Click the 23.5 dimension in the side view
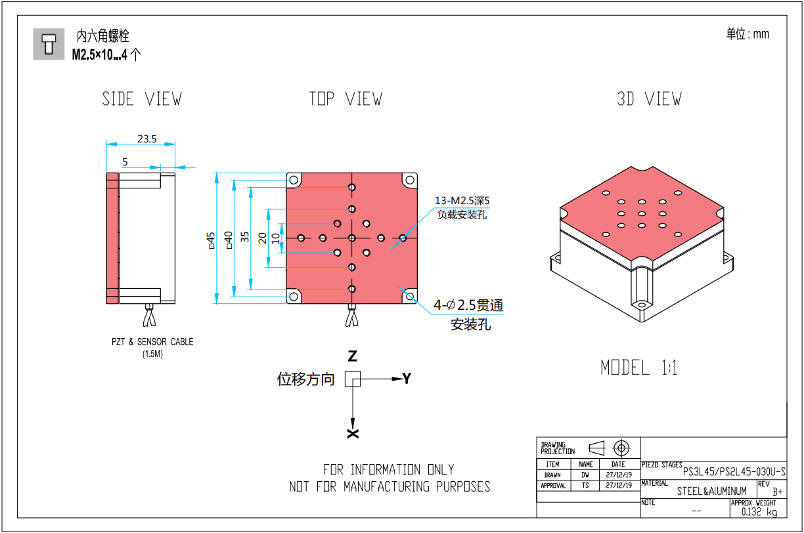[x=146, y=139]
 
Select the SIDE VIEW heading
[x=142, y=99]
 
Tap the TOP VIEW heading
[x=346, y=99]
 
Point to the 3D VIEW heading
[x=649, y=99]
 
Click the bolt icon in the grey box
[x=49, y=43]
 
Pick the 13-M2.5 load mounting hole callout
[x=463, y=201]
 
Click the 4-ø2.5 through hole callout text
[x=468, y=305]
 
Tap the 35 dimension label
[x=245, y=237]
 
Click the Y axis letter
[x=407, y=379]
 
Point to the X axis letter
[x=353, y=433]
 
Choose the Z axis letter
[x=353, y=356]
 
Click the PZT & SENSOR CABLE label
[x=152, y=342]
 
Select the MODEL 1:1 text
[x=639, y=368]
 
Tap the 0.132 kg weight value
[x=759, y=512]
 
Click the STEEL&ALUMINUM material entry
[x=712, y=490]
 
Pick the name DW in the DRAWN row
[x=585, y=475]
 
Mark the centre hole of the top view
[x=352, y=238]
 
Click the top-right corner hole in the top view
[x=411, y=179]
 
